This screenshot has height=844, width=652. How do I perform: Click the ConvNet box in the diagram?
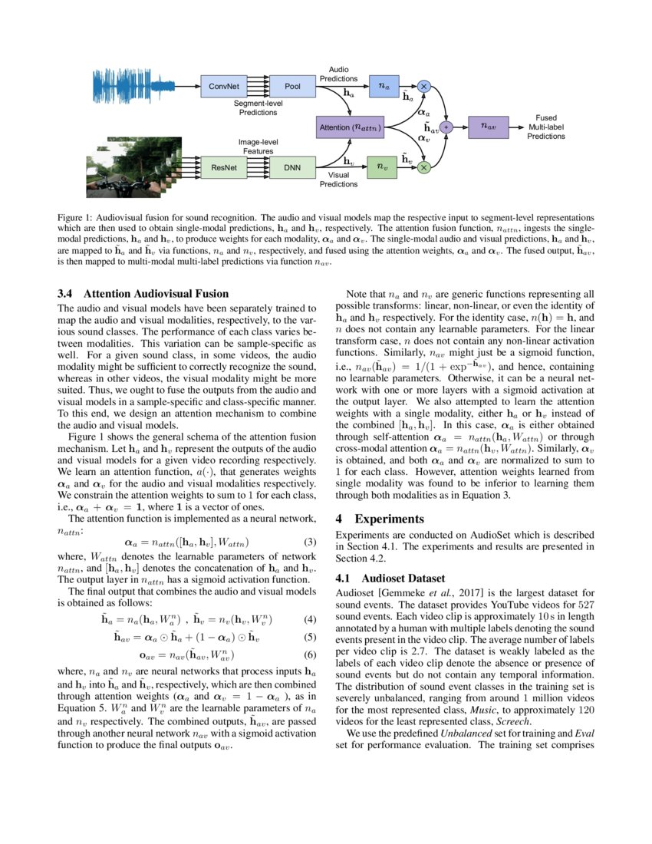[224, 86]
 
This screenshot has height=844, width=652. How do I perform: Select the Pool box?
[292, 86]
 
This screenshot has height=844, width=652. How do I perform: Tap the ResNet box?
[224, 166]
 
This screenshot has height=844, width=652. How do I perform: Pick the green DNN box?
[292, 166]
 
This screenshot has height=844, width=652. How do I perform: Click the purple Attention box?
[350, 127]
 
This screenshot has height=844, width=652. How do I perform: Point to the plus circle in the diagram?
[446, 127]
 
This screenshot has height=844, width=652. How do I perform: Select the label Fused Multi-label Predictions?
[545, 127]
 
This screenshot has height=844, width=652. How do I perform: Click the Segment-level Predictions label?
[255, 108]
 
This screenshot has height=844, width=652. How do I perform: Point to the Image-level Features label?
[258, 147]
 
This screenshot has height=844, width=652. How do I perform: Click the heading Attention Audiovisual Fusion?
[156, 293]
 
